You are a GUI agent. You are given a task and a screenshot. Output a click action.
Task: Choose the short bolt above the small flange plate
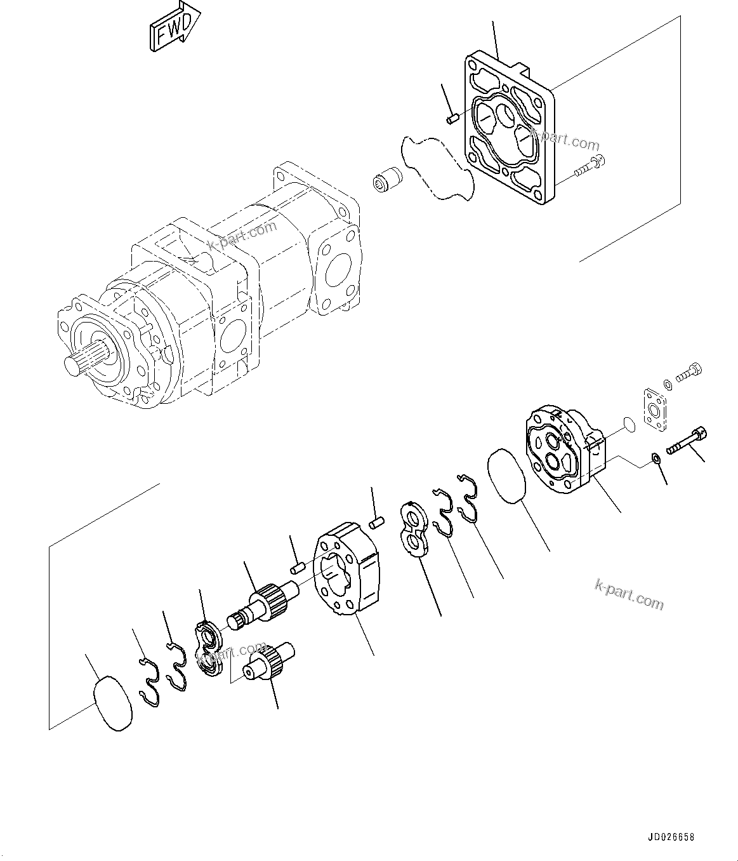[x=689, y=373]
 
